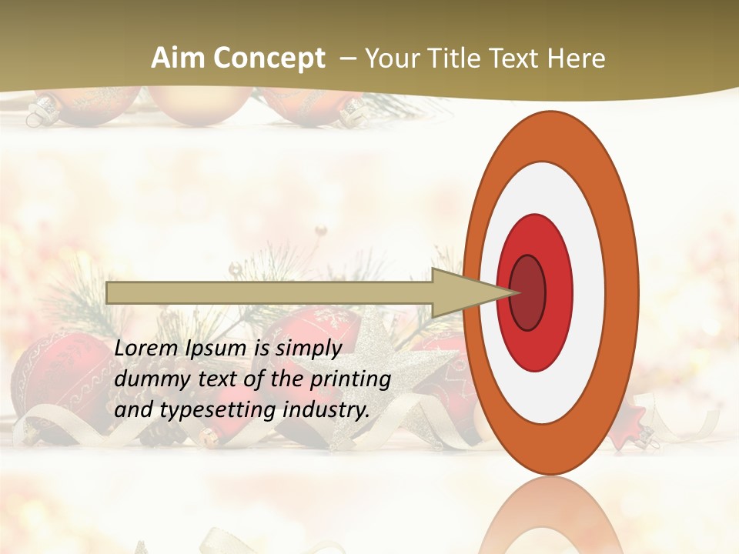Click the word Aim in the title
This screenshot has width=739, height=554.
(x=177, y=58)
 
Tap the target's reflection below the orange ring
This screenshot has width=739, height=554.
(x=551, y=516)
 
